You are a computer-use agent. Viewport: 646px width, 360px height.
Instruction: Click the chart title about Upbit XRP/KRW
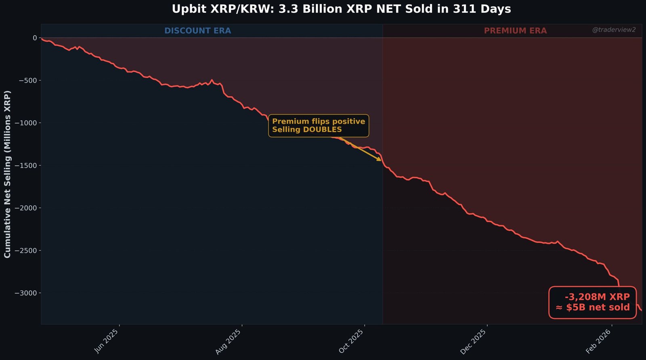point(341,9)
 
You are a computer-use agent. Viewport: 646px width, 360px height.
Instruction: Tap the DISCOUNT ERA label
point(197,31)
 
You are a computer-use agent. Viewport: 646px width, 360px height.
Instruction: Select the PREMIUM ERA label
point(515,31)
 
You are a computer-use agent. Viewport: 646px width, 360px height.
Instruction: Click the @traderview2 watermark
point(614,30)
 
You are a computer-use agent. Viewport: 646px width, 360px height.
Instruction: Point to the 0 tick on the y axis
point(35,38)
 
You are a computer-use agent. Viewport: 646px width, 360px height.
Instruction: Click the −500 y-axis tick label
point(28,80)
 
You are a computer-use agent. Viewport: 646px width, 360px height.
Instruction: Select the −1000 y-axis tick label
point(26,123)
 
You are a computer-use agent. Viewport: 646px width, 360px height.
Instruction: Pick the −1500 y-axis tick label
point(26,166)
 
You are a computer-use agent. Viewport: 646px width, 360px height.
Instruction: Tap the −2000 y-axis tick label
point(26,208)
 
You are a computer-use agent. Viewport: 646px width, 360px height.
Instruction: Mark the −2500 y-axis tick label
point(26,251)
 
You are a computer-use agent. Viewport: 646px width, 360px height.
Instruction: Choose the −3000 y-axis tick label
point(26,293)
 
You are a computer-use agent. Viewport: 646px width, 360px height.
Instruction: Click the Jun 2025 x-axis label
point(107,341)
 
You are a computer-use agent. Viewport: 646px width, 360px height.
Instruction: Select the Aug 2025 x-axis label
point(229,342)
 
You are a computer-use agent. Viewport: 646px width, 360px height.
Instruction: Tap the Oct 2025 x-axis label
point(351,341)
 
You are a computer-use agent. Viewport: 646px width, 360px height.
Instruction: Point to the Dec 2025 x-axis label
point(473,342)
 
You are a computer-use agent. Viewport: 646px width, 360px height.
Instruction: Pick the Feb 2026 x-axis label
point(598,341)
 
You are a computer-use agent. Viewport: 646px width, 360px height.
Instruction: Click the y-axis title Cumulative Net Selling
point(7,174)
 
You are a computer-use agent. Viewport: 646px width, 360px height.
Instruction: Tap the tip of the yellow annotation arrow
point(381,160)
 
